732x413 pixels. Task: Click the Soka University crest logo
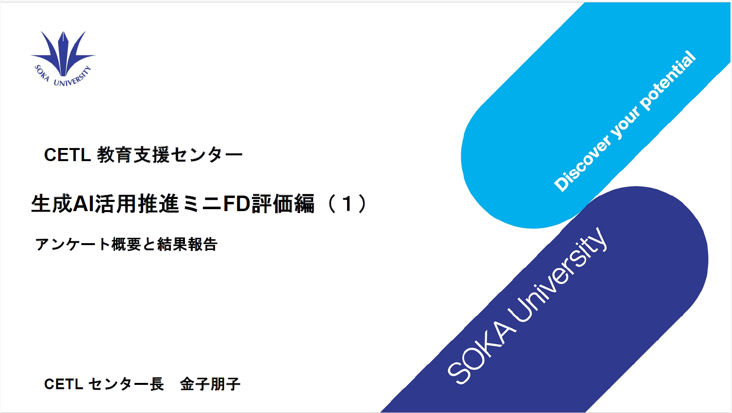tap(63, 59)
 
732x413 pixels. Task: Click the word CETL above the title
tap(67, 155)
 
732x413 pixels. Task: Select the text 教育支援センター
tap(170, 155)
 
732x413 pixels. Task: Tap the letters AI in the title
tap(83, 204)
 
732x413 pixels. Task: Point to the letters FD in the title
tap(236, 204)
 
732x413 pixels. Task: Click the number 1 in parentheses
tap(347, 204)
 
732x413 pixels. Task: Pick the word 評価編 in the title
tap(283, 204)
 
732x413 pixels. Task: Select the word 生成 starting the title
tap(52, 204)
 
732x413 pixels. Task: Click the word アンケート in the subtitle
tap(72, 245)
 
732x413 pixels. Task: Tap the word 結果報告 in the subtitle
tap(187, 245)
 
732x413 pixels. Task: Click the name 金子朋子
tap(210, 384)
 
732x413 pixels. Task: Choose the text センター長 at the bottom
tap(126, 384)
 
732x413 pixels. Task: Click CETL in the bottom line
tap(64, 384)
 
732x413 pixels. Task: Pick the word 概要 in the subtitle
tap(126, 245)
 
